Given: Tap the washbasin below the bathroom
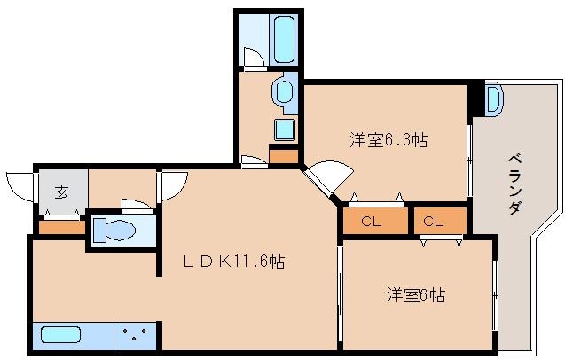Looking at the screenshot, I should (x=284, y=90).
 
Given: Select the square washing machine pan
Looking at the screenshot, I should (x=284, y=129).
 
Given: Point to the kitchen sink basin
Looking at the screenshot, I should (x=60, y=338).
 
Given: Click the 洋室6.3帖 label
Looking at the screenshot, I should (x=388, y=139).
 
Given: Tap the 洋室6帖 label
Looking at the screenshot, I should (x=415, y=294).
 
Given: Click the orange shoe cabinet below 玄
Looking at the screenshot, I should (x=60, y=228).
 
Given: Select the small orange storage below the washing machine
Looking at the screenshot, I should (x=284, y=157).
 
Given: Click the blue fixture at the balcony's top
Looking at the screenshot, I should (x=493, y=98).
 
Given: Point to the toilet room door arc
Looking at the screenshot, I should (x=137, y=204).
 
